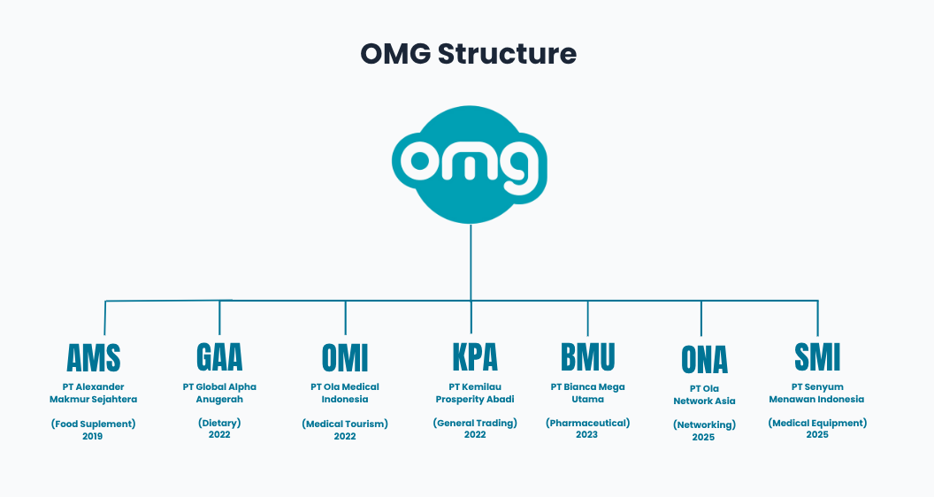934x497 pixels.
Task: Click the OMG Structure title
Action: (468, 54)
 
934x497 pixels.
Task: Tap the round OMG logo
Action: (470, 164)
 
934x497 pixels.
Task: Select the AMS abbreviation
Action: (94, 358)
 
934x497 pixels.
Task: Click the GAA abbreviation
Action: (219, 356)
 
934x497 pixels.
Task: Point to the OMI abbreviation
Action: (345, 358)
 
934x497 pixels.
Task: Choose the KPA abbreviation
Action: (474, 356)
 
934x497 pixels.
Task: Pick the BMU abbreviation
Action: (587, 357)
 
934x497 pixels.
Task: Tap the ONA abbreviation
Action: (704, 360)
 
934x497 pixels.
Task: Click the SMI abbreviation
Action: (817, 356)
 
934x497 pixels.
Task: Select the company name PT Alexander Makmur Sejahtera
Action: (94, 393)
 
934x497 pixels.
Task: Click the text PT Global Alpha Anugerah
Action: (219, 393)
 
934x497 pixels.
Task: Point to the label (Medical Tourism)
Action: (345, 424)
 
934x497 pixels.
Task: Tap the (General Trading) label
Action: (475, 423)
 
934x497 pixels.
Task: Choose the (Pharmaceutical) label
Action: (587, 423)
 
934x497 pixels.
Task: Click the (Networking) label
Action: (704, 424)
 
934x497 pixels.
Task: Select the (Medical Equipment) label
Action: (817, 423)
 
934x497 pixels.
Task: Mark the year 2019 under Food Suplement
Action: (93, 436)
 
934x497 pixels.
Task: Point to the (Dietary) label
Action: (219, 423)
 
